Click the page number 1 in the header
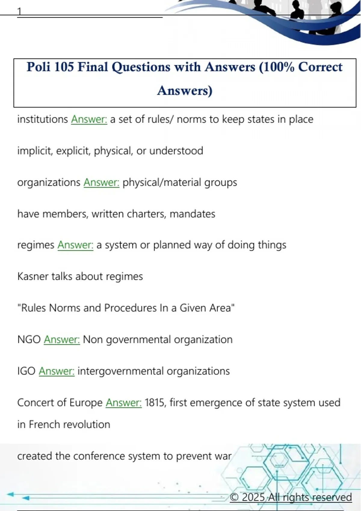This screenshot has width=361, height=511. [x=20, y=11]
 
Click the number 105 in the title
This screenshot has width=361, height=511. [x=64, y=67]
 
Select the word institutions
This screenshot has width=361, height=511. [x=42, y=119]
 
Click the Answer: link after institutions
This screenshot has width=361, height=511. [x=89, y=119]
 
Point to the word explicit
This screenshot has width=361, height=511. [x=73, y=151]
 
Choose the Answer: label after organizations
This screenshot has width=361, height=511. [x=101, y=182]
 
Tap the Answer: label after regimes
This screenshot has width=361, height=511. [x=75, y=245]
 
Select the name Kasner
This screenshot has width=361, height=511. [x=33, y=277]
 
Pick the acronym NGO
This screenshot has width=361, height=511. [x=29, y=340]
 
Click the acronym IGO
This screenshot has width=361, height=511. [x=26, y=371]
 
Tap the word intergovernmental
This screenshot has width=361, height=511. [x=120, y=371]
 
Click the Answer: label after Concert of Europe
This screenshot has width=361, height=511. [x=124, y=403]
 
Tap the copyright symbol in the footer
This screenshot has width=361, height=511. [x=234, y=497]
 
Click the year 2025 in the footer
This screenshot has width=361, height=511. [x=253, y=497]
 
